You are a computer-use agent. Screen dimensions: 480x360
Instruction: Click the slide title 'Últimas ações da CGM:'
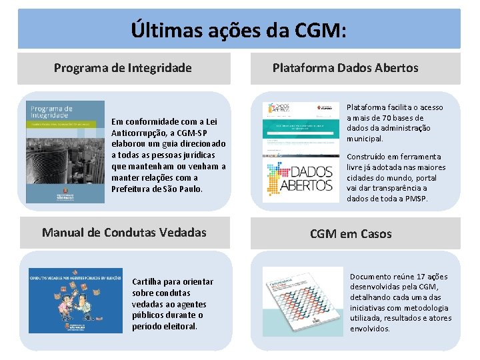pyautogui.click(x=239, y=30)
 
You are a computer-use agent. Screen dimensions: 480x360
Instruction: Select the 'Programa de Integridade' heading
pyautogui.click(x=123, y=68)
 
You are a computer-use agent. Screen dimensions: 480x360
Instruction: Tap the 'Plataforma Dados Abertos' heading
pyautogui.click(x=345, y=68)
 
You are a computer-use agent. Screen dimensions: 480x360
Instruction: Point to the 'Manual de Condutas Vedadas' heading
pyautogui.click(x=124, y=233)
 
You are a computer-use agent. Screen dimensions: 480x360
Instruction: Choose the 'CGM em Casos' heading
pyautogui.click(x=351, y=234)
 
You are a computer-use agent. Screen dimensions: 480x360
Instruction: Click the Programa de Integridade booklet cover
pyautogui.click(x=65, y=152)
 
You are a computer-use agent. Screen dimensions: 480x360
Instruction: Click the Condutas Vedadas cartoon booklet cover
pyautogui.click(x=75, y=300)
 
